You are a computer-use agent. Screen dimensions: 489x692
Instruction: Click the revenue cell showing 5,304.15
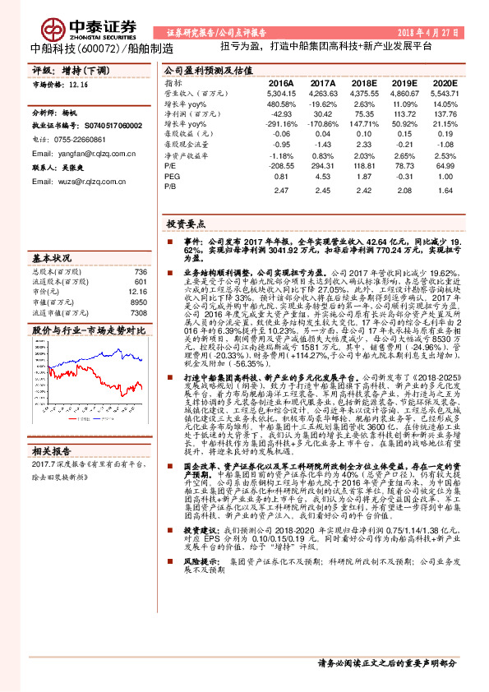(281, 95)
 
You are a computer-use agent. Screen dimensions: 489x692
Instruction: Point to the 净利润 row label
(181, 114)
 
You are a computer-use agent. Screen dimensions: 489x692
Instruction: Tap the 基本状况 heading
(54, 257)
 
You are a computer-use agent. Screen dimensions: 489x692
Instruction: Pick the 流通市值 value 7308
(138, 313)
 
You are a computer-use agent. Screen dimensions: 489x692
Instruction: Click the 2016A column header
(281, 83)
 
